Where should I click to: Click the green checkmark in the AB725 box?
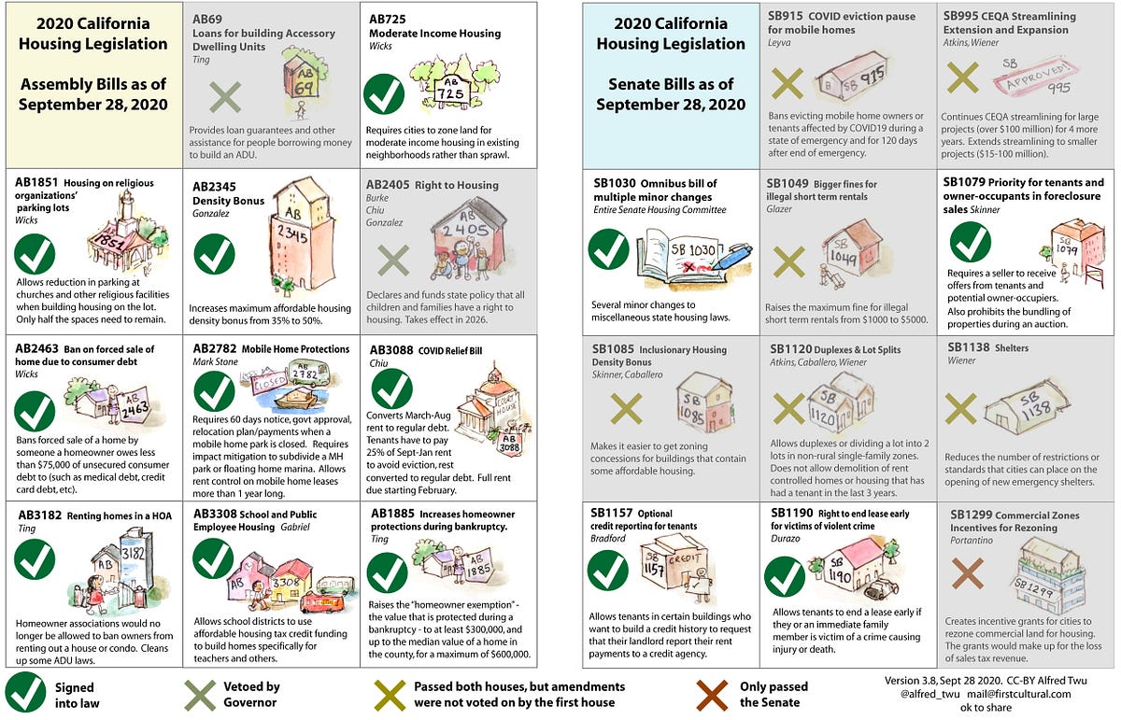coord(384,94)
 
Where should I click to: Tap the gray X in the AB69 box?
coord(224,97)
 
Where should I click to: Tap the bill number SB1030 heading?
coord(617,182)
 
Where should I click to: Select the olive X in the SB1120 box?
coord(789,407)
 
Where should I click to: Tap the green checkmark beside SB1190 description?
coord(785,576)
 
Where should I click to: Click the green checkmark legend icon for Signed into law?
coord(24,693)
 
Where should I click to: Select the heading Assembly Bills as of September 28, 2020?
coord(93,94)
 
